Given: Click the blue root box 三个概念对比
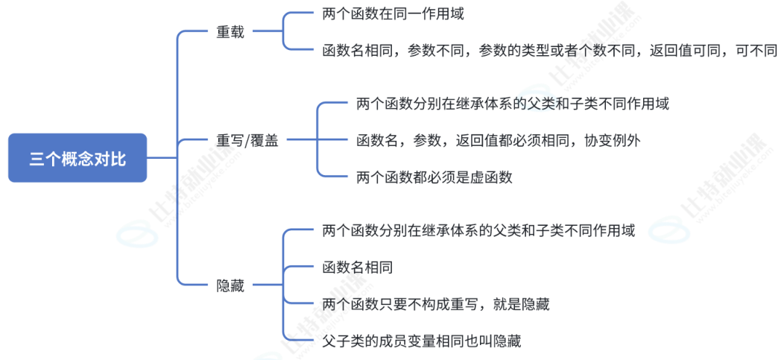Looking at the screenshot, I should [x=78, y=158].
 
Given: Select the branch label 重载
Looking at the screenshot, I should [x=230, y=33].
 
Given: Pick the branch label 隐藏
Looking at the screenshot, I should [x=230, y=285].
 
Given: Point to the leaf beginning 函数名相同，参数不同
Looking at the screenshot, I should [x=550, y=51].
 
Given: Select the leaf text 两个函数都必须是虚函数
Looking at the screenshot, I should [x=434, y=177].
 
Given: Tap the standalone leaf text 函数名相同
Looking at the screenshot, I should [x=358, y=267].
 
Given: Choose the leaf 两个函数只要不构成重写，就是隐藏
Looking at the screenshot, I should [x=436, y=304].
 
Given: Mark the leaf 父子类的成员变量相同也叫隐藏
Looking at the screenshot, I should [x=422, y=341].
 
